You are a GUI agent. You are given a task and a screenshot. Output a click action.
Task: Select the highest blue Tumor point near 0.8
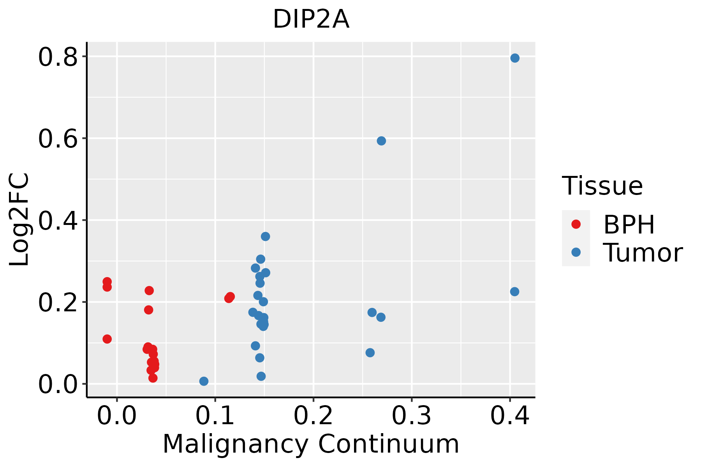pos(515,58)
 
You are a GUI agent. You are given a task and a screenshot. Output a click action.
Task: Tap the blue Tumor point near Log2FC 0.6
pos(381,141)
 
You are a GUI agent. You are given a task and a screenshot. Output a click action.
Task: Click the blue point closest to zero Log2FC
pos(204,381)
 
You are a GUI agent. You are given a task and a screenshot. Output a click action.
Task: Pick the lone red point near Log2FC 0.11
pos(107,339)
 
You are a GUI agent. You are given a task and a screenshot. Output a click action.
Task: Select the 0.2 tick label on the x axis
pos(313,416)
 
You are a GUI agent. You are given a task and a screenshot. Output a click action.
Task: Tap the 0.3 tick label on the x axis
pos(411,416)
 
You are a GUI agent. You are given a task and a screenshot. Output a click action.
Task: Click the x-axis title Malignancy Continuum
pos(311,444)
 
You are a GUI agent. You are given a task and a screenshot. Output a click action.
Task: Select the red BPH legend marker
pos(576,224)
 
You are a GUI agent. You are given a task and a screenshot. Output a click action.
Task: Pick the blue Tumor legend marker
pos(576,252)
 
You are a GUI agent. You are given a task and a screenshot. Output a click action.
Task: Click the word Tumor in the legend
pos(643,253)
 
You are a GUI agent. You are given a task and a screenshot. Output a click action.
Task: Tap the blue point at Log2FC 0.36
pos(265,237)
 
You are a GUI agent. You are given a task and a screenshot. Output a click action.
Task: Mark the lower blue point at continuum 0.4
pos(514,292)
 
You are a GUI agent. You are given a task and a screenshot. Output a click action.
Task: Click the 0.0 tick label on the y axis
pos(58,384)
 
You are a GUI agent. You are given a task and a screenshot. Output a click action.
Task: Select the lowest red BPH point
pos(153,378)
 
